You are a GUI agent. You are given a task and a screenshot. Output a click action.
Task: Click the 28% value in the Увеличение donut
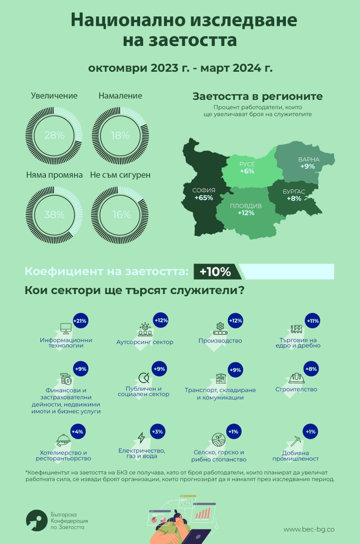click(x=54, y=136)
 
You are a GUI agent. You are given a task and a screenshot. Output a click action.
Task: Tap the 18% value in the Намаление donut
click(x=120, y=136)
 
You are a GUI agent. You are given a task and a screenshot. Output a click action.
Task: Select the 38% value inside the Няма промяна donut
click(x=54, y=215)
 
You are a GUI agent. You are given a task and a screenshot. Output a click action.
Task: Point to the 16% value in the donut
click(x=121, y=215)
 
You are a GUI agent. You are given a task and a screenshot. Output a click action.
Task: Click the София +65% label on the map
click(x=204, y=194)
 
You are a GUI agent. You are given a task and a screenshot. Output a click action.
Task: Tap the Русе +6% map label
click(x=247, y=168)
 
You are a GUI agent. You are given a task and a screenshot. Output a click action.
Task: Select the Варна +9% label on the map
click(x=309, y=163)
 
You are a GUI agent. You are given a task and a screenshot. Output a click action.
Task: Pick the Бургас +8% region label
click(x=294, y=195)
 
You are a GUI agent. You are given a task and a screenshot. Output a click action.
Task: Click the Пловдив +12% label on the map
click(x=246, y=210)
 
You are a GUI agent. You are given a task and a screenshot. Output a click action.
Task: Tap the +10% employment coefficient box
click(x=216, y=272)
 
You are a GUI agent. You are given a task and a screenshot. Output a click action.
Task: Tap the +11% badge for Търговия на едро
click(x=312, y=321)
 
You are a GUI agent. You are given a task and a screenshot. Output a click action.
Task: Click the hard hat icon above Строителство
click(x=296, y=377)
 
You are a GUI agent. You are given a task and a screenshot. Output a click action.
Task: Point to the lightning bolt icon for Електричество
click(x=141, y=438)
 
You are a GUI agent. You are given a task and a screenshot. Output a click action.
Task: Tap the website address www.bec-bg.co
click(x=309, y=529)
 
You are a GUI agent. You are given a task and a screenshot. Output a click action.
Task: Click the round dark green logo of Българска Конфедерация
click(x=36, y=521)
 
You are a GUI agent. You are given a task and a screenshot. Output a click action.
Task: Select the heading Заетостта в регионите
click(x=257, y=96)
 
